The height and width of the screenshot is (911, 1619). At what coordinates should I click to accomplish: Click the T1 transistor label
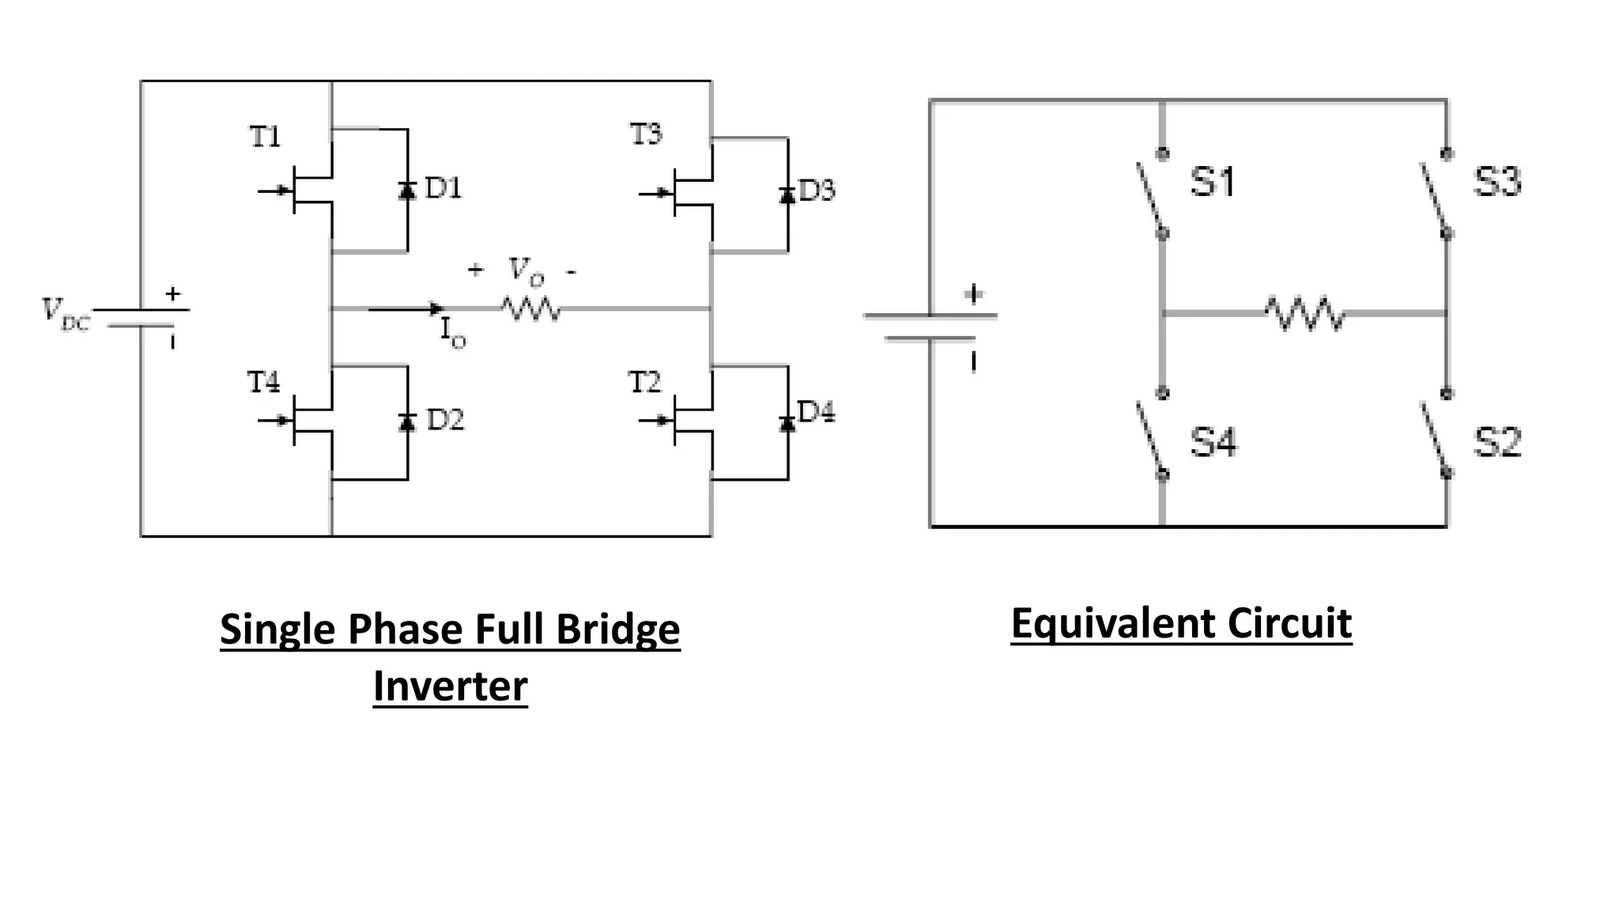pyautogui.click(x=265, y=137)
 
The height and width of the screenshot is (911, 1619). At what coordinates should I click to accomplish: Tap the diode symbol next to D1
pyautogui.click(x=407, y=190)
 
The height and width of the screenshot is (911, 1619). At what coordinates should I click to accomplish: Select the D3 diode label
pyautogui.click(x=817, y=191)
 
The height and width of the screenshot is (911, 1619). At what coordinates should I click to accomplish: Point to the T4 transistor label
pyautogui.click(x=263, y=383)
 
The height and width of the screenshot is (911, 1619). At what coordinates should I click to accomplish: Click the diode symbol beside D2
pyautogui.click(x=407, y=422)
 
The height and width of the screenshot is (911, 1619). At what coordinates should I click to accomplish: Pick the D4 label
pyautogui.click(x=816, y=412)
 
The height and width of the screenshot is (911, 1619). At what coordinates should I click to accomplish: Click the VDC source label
pyautogui.click(x=66, y=315)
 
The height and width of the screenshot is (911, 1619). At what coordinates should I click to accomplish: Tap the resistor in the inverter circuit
pyautogui.click(x=531, y=308)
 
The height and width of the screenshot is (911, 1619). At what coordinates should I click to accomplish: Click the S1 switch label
pyautogui.click(x=1213, y=182)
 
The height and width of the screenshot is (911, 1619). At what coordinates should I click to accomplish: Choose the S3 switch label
pyautogui.click(x=1496, y=182)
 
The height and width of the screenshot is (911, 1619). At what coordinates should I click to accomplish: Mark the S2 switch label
pyautogui.click(x=1496, y=442)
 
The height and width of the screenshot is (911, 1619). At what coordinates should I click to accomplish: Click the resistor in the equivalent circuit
pyautogui.click(x=1304, y=314)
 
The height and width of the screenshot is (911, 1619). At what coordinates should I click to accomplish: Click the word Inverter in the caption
pyautogui.click(x=450, y=686)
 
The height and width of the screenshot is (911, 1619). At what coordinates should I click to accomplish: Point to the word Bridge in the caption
pyautogui.click(x=617, y=630)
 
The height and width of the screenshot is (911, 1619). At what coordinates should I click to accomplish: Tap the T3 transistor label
pyautogui.click(x=646, y=134)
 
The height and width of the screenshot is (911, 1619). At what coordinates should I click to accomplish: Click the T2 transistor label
pyautogui.click(x=644, y=383)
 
